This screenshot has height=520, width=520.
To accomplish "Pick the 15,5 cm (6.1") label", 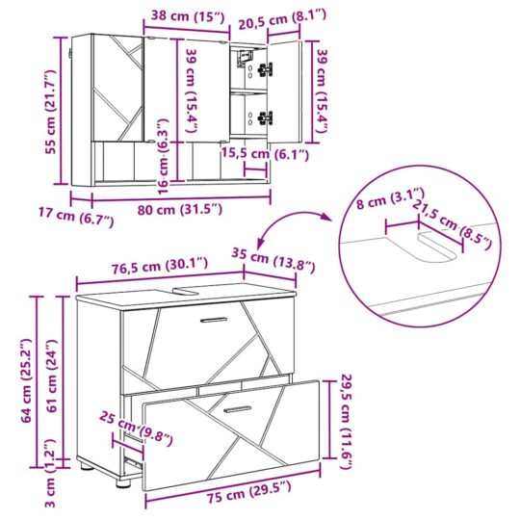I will pos(265,154).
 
